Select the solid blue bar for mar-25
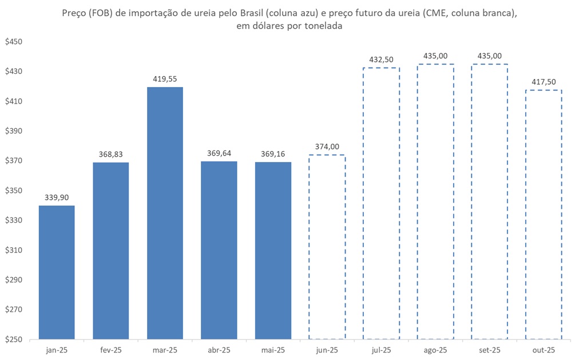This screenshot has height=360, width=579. [165, 213]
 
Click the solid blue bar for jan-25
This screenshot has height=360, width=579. [56, 272]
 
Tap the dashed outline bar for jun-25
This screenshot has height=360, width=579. [327, 247]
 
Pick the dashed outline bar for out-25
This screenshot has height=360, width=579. [544, 215]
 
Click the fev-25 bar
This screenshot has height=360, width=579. [110, 251]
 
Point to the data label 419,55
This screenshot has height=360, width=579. [165, 79]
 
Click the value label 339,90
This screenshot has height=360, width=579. [56, 197]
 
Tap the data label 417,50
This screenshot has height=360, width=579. [544, 82]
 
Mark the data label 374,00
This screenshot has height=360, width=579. [327, 147]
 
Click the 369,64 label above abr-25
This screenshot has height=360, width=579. [219, 153]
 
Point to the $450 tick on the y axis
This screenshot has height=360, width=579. [13, 42]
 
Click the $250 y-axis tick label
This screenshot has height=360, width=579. [13, 339]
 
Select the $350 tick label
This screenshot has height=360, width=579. [13, 191]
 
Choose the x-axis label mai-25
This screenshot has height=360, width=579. [273, 350]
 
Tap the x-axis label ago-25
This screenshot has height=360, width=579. [436, 350]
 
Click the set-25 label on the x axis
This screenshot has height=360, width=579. [490, 350]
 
